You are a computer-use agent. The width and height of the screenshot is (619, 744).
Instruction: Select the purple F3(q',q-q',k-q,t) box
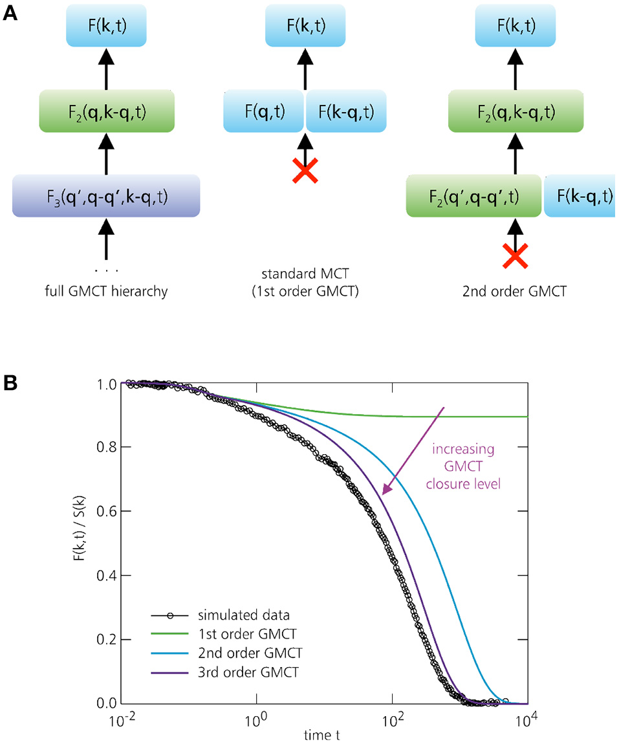106,195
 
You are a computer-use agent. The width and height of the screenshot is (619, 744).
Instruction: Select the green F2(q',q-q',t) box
473,195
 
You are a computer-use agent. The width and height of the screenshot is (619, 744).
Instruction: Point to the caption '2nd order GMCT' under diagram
515,291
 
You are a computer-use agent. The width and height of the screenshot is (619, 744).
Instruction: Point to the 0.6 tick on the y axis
92,511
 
